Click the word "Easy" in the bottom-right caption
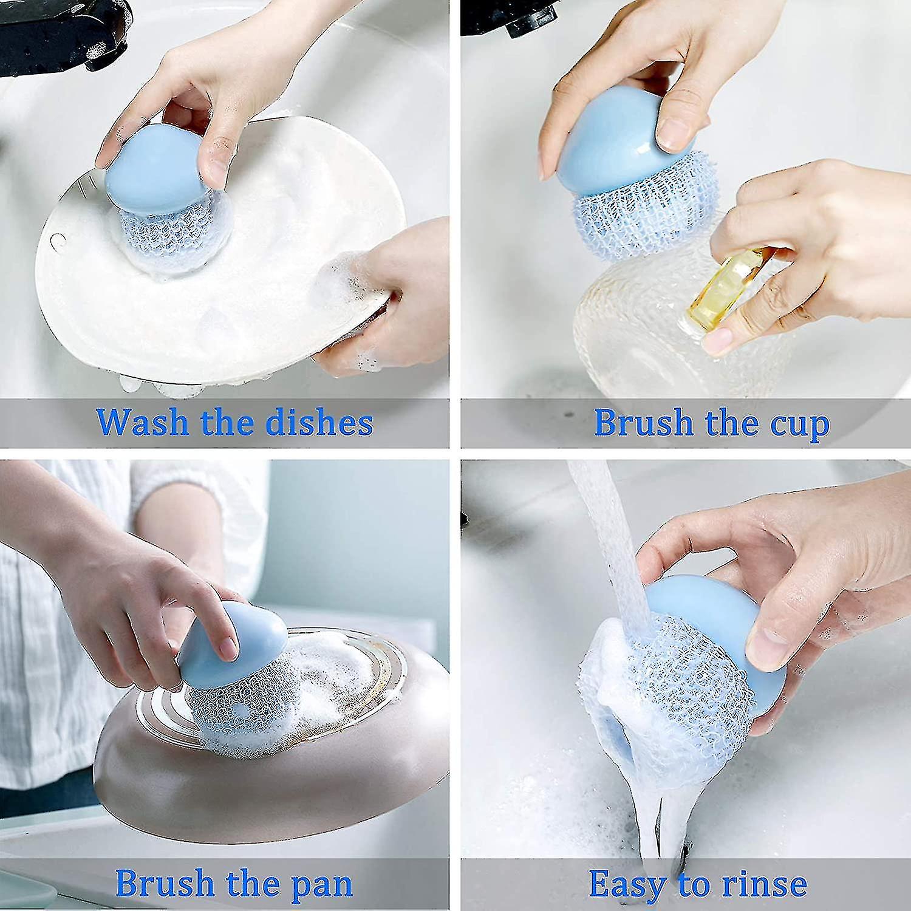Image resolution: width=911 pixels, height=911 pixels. pyautogui.click(x=627, y=884)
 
